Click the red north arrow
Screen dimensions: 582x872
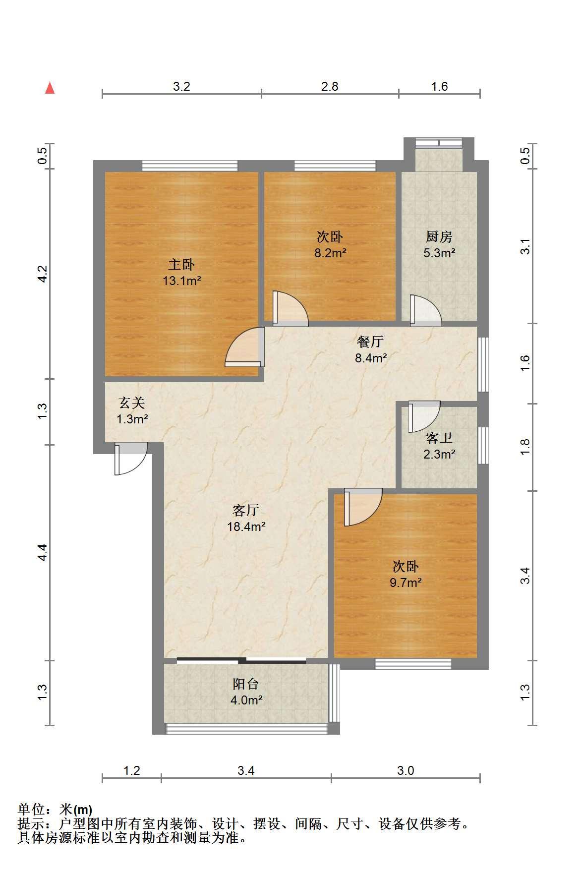point(50,88)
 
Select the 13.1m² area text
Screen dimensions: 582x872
point(181,281)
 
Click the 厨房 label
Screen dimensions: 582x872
point(439,237)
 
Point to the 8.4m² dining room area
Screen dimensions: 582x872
point(371,357)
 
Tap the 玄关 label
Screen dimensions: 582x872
point(132,403)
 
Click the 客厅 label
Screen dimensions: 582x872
point(246,510)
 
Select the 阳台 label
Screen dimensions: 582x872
point(246,684)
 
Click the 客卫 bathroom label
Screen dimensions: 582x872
point(439,438)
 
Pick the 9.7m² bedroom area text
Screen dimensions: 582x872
point(406,582)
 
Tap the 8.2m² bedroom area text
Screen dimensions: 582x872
point(330,253)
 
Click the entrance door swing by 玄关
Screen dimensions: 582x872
point(131,459)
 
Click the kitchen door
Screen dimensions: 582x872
point(425,311)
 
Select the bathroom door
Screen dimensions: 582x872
point(424,416)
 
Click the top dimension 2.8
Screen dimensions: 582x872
point(330,87)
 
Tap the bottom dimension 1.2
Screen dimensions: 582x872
point(132,770)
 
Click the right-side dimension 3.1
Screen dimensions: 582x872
point(525,246)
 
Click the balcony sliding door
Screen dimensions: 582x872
point(241,660)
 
